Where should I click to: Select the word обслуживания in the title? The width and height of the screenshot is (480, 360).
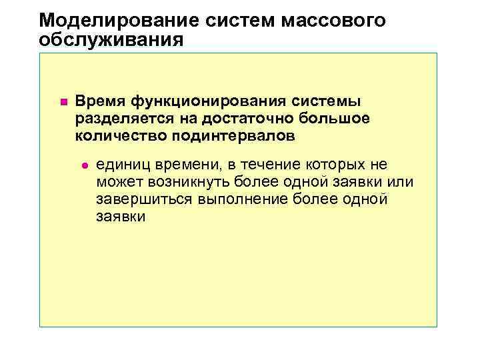point(111,40)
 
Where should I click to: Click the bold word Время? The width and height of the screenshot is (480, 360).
point(101,101)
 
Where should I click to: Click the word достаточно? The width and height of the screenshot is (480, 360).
point(230,119)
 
